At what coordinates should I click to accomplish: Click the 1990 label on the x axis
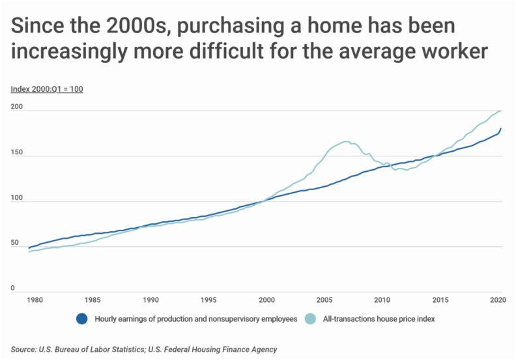(150, 300)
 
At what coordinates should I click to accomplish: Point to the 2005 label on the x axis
(324, 300)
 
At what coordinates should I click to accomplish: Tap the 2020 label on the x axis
(498, 300)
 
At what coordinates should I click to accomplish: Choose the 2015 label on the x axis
(440, 300)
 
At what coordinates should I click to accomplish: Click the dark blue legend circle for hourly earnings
(82, 319)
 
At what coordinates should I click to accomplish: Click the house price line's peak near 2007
(345, 141)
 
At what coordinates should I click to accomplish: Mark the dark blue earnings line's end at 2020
(500, 128)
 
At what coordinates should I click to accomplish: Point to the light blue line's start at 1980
(29, 251)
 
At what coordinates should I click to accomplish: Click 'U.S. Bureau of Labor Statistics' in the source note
(98, 350)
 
